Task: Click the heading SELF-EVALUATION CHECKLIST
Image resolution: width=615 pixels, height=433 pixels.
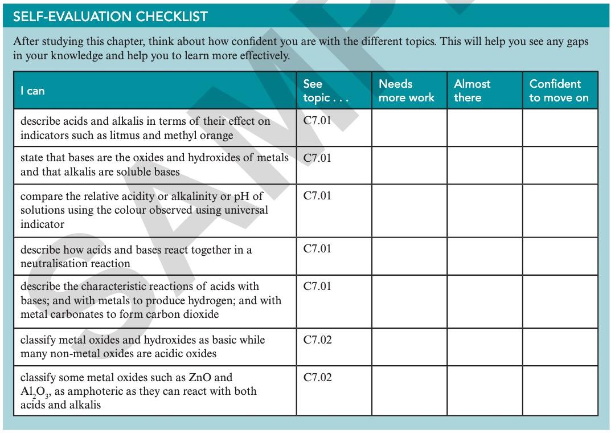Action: pos(110,16)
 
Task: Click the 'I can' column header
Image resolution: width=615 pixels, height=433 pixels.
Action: pos(32,91)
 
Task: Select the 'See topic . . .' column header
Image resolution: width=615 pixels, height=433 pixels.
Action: pos(325,91)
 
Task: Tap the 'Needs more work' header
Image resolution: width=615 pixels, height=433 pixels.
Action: pos(406,91)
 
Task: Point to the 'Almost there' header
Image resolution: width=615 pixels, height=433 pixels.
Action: pos(472,91)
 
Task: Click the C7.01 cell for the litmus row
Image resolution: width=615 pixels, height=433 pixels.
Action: pos(317,121)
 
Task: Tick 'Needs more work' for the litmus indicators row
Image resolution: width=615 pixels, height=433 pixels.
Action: pos(409,128)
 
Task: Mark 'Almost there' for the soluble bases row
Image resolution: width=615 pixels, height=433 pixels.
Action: pos(484,165)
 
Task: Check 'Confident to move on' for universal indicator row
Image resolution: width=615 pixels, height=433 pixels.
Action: pos(560,210)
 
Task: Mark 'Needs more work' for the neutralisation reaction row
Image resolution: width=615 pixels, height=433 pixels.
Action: pos(409,256)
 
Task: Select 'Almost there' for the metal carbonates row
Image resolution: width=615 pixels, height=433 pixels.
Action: pos(484,301)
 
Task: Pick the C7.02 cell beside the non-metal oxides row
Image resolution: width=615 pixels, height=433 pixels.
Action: pos(317,340)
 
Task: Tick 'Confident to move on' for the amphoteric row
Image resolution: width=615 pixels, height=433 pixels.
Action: pos(560,390)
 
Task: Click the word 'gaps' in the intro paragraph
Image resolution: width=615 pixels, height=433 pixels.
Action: pos(577,42)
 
